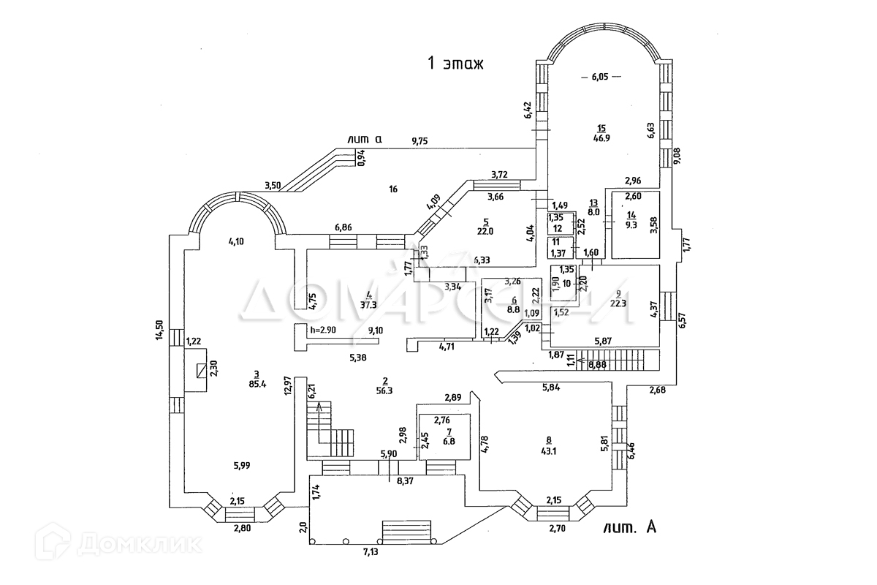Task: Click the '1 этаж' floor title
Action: [x=456, y=63]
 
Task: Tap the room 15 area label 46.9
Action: [x=601, y=136]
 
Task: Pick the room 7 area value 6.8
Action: [x=448, y=442]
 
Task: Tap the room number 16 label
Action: [x=392, y=189]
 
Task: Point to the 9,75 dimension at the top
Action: [x=419, y=142]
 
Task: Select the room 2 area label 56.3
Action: [x=384, y=390]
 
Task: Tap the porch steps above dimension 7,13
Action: [x=408, y=529]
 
